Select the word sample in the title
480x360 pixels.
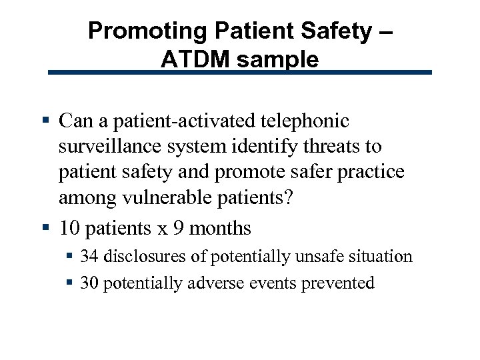pos(280,60)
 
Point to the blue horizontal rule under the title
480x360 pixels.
pos(240,73)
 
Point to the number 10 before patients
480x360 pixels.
pos(69,229)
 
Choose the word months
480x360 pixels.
pos(221,229)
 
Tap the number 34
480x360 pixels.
pos(90,257)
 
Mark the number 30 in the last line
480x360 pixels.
pos(90,283)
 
